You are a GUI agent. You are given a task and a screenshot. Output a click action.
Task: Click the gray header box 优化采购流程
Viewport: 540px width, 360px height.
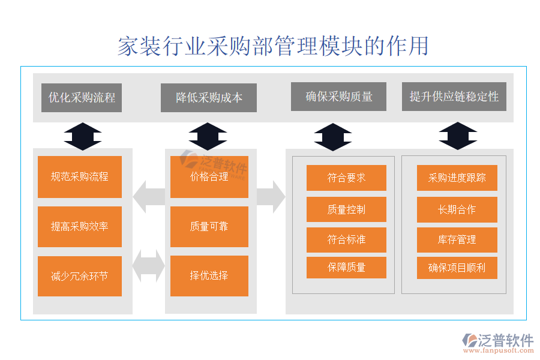pyautogui.click(x=82, y=97)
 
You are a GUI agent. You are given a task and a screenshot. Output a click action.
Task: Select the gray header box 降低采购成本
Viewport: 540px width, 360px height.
pyautogui.click(x=209, y=97)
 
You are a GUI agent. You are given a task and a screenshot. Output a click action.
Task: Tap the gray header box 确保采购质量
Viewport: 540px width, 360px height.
pyautogui.click(x=339, y=97)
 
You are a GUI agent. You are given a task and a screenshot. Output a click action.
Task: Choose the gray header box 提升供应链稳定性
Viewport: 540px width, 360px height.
pyautogui.click(x=454, y=97)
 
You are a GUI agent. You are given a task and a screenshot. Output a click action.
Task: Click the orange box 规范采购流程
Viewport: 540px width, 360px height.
pyautogui.click(x=80, y=177)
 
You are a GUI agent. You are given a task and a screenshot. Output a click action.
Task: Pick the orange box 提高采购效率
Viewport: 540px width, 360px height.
pyautogui.click(x=80, y=227)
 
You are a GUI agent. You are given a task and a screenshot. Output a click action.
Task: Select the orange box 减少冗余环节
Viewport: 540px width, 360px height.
pyautogui.click(x=80, y=276)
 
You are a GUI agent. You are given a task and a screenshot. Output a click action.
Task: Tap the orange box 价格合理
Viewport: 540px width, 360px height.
pyautogui.click(x=209, y=177)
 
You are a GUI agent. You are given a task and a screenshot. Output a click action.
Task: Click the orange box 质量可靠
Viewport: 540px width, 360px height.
pyautogui.click(x=209, y=227)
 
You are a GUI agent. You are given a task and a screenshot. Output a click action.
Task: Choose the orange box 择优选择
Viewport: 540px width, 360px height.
pyautogui.click(x=209, y=276)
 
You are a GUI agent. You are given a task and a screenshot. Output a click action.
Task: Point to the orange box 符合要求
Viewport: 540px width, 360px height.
pyautogui.click(x=346, y=178)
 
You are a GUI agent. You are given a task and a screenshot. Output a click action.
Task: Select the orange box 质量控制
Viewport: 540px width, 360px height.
pyautogui.click(x=346, y=209)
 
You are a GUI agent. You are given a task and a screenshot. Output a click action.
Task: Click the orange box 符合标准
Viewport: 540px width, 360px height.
pyautogui.click(x=346, y=239)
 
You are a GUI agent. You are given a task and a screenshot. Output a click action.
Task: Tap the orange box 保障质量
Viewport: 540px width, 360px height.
pyautogui.click(x=346, y=268)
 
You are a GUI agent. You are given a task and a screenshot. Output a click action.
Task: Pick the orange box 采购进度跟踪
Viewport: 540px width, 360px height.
pyautogui.click(x=457, y=178)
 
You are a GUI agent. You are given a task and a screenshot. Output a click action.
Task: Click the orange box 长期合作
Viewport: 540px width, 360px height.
pyautogui.click(x=457, y=209)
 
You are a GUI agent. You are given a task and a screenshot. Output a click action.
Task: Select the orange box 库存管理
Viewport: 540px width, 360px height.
pyautogui.click(x=457, y=239)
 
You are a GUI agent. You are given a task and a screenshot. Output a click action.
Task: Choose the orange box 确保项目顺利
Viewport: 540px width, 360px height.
pyautogui.click(x=457, y=268)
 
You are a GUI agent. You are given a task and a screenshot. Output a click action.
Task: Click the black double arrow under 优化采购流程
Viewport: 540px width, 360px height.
pyautogui.click(x=82, y=136)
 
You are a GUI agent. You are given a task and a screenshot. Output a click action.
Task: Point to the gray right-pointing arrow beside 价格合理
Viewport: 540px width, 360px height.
pyautogui.click(x=271, y=196)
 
